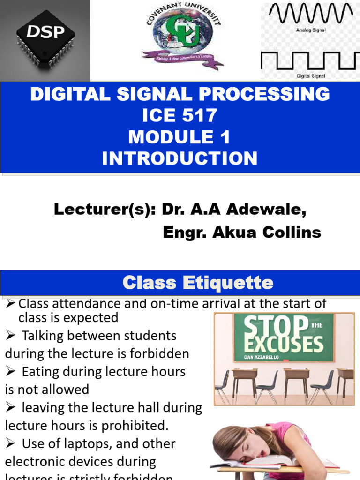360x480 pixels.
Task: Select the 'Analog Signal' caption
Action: point(311,30)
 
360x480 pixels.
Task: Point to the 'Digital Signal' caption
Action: point(311,75)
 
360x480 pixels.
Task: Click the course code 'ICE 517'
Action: point(180,116)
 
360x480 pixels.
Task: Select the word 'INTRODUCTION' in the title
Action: point(180,158)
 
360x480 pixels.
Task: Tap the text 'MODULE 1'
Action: point(180,137)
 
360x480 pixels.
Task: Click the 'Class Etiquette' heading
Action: point(197,283)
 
